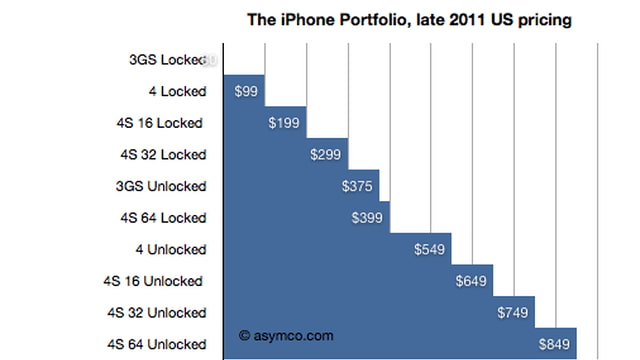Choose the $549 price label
point(431,249)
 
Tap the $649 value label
point(473,281)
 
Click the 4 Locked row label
point(176,92)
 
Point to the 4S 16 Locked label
point(162,123)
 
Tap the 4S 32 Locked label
point(162,155)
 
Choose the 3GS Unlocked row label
point(161,186)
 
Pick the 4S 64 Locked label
point(162,218)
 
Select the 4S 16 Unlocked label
point(155,281)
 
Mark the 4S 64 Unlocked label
point(155,344)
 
